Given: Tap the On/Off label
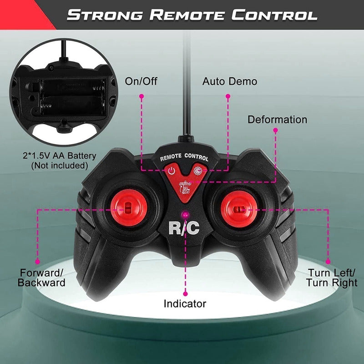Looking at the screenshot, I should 141,82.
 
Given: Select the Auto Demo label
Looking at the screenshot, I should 230,82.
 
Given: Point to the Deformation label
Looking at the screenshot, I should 277,120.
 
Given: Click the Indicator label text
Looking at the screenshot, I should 185,303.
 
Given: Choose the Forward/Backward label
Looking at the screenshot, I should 42,278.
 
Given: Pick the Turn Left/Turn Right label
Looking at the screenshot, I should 331,278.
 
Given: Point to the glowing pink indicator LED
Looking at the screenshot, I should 185,213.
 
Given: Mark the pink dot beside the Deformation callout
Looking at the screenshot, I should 275,130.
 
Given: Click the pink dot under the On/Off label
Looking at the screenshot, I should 142,96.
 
